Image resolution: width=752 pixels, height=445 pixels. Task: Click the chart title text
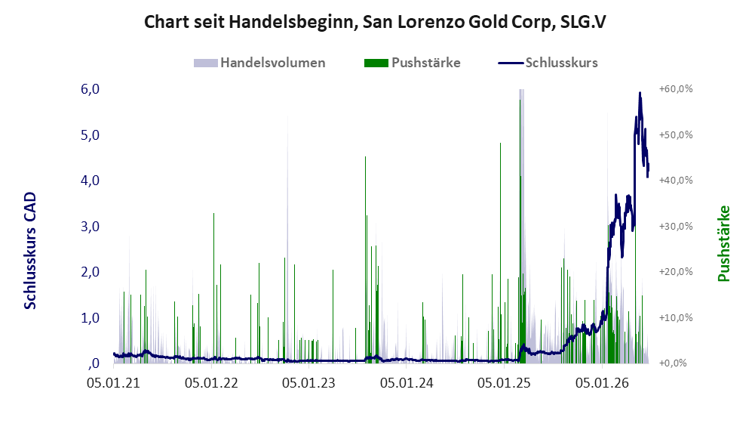point(375,22)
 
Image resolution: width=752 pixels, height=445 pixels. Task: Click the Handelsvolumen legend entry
point(259,63)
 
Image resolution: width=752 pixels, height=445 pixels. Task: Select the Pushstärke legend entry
point(413,63)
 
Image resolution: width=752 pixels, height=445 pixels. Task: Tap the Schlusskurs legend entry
point(548,63)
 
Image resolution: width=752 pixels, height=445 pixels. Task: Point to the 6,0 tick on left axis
point(90,89)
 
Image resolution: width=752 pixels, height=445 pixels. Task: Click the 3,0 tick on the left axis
point(90,226)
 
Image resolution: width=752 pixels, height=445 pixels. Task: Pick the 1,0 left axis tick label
point(90,317)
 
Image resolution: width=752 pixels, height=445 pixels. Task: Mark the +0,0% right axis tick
point(674,363)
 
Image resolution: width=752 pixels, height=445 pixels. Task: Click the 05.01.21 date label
point(113,383)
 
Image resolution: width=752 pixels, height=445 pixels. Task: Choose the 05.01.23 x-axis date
point(308,383)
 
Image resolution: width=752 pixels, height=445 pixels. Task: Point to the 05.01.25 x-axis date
point(504,383)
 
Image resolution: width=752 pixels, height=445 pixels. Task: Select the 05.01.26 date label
point(602,383)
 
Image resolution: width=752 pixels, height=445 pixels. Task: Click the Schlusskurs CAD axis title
point(30,250)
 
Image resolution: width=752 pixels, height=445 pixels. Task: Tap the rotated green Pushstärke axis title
point(723,243)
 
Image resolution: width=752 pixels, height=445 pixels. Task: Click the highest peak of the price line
point(640,93)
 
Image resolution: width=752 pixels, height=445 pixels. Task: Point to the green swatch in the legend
point(376,63)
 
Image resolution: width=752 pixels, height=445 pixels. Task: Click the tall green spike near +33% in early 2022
point(214,288)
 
